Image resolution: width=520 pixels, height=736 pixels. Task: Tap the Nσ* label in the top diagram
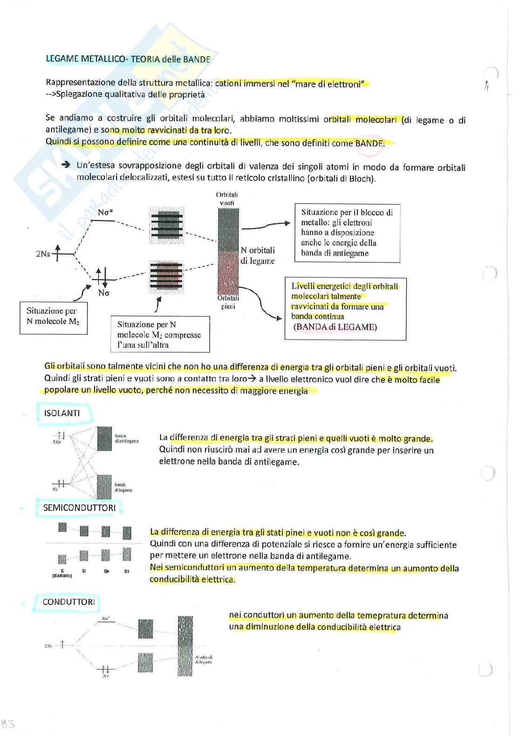pyautogui.click(x=105, y=213)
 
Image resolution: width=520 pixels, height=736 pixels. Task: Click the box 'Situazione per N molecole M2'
pyautogui.click(x=53, y=317)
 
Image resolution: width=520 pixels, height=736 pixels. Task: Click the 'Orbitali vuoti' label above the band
pyautogui.click(x=227, y=199)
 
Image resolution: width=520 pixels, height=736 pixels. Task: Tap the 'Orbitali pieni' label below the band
pyautogui.click(x=228, y=302)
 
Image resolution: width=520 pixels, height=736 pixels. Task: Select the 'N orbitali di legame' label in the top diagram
pyautogui.click(x=257, y=255)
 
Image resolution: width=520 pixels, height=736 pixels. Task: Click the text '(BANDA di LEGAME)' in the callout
pyautogui.click(x=335, y=327)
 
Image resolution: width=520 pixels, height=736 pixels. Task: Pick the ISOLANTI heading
pyautogui.click(x=62, y=413)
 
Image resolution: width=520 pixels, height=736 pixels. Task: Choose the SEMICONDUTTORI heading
pyautogui.click(x=79, y=508)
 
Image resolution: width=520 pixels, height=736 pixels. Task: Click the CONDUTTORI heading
pyautogui.click(x=68, y=602)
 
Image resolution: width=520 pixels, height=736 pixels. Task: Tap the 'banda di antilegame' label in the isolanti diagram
pyautogui.click(x=126, y=438)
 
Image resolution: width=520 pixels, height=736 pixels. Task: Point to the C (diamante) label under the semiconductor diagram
pyautogui.click(x=62, y=573)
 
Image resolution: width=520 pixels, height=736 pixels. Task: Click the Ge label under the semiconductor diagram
pyautogui.click(x=106, y=571)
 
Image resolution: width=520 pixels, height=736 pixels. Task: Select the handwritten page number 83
pyautogui.click(x=8, y=724)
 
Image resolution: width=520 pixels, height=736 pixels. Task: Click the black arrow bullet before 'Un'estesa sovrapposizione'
pyautogui.click(x=66, y=165)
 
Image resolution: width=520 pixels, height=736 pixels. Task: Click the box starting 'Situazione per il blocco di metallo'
pyautogui.click(x=347, y=233)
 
